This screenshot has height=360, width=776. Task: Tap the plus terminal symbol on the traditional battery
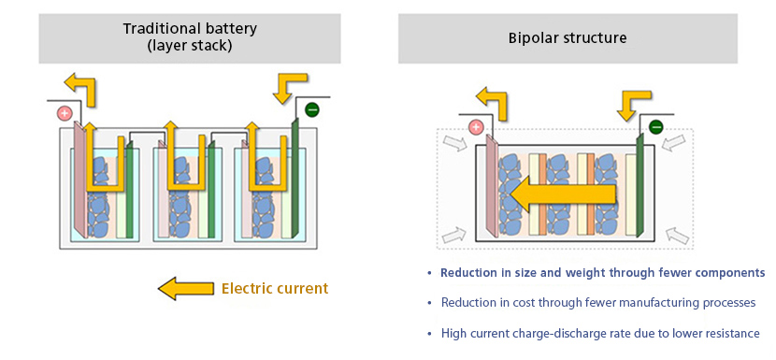pyautogui.click(x=65, y=113)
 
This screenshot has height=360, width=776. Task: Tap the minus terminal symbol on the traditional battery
pyautogui.click(x=311, y=109)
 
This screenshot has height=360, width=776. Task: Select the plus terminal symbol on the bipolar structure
pyautogui.click(x=475, y=128)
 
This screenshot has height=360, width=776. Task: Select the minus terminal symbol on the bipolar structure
pyautogui.click(x=656, y=127)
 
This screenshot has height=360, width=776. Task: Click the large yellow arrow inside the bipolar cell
pyautogui.click(x=561, y=194)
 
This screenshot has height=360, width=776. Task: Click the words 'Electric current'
pyautogui.click(x=275, y=288)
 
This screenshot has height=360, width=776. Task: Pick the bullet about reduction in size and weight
pyautogui.click(x=602, y=273)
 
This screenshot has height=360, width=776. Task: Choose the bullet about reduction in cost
pyautogui.click(x=597, y=303)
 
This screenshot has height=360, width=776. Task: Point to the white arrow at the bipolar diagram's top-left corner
pyautogui.click(x=453, y=142)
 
